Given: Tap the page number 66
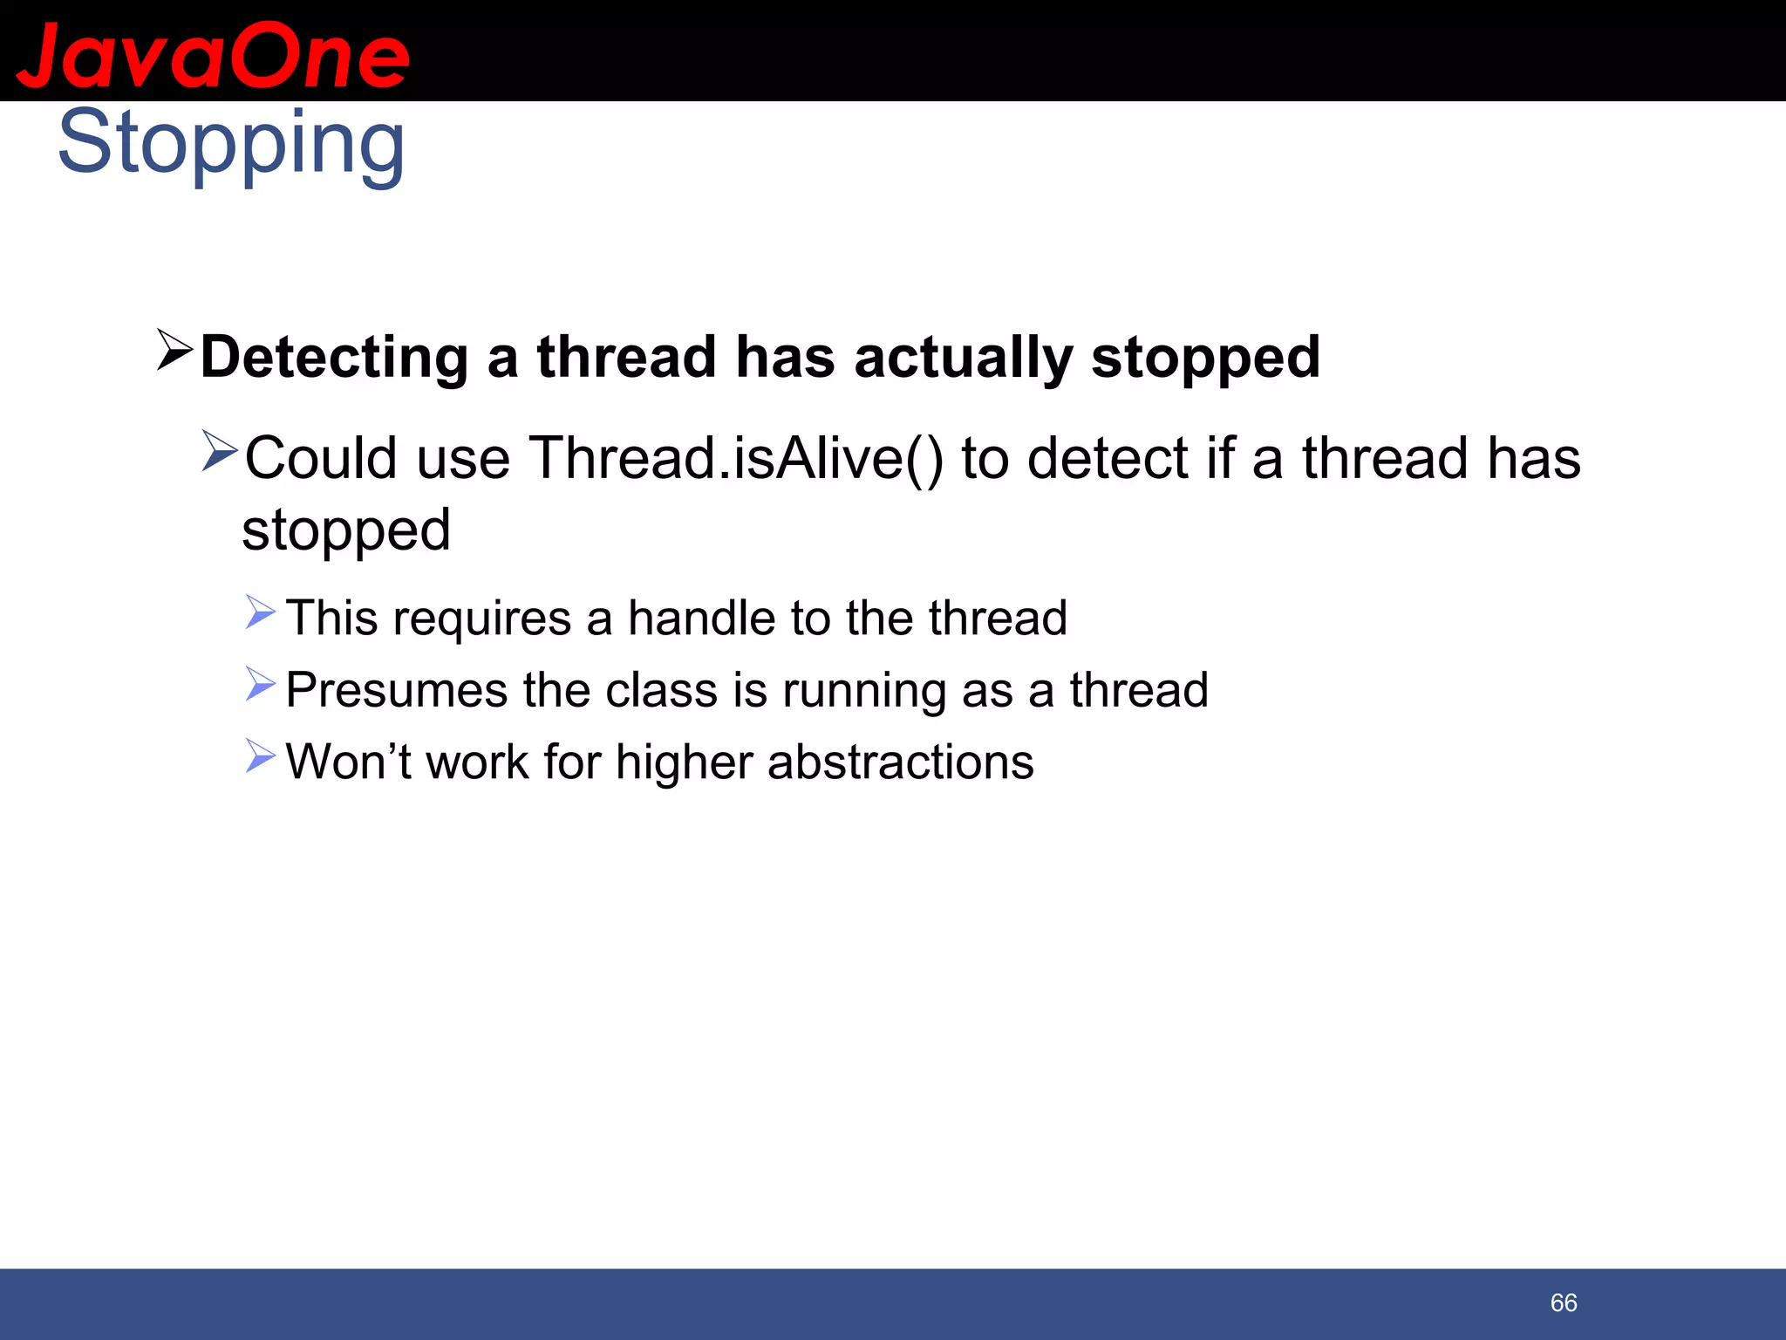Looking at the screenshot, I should point(1563,1302).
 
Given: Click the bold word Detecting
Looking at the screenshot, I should point(334,358).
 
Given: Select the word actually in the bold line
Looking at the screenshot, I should point(963,358).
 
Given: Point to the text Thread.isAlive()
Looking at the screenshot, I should point(736,458).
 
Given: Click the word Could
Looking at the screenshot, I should point(321,458).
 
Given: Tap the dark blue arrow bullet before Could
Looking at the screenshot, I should point(219,450).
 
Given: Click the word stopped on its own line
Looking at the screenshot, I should point(346,530).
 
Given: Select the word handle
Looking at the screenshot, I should point(701,618).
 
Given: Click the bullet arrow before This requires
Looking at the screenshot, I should point(260,612).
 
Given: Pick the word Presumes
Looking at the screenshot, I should point(397,690).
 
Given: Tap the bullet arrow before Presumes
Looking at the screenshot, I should point(260,684).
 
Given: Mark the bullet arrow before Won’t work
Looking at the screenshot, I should point(260,755).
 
